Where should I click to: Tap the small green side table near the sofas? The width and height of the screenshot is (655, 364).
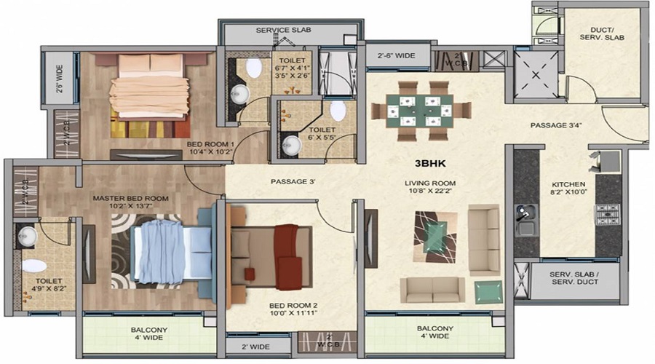[x=488, y=291]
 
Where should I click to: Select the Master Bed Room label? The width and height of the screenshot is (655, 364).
[x=130, y=198]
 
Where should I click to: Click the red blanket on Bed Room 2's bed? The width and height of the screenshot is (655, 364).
[x=287, y=245]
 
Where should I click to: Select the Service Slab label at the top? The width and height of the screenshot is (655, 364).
[x=283, y=31]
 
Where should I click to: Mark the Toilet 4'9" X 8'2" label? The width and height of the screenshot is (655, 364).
[x=43, y=285]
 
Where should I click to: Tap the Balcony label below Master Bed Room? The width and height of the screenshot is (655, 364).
[x=148, y=333]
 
